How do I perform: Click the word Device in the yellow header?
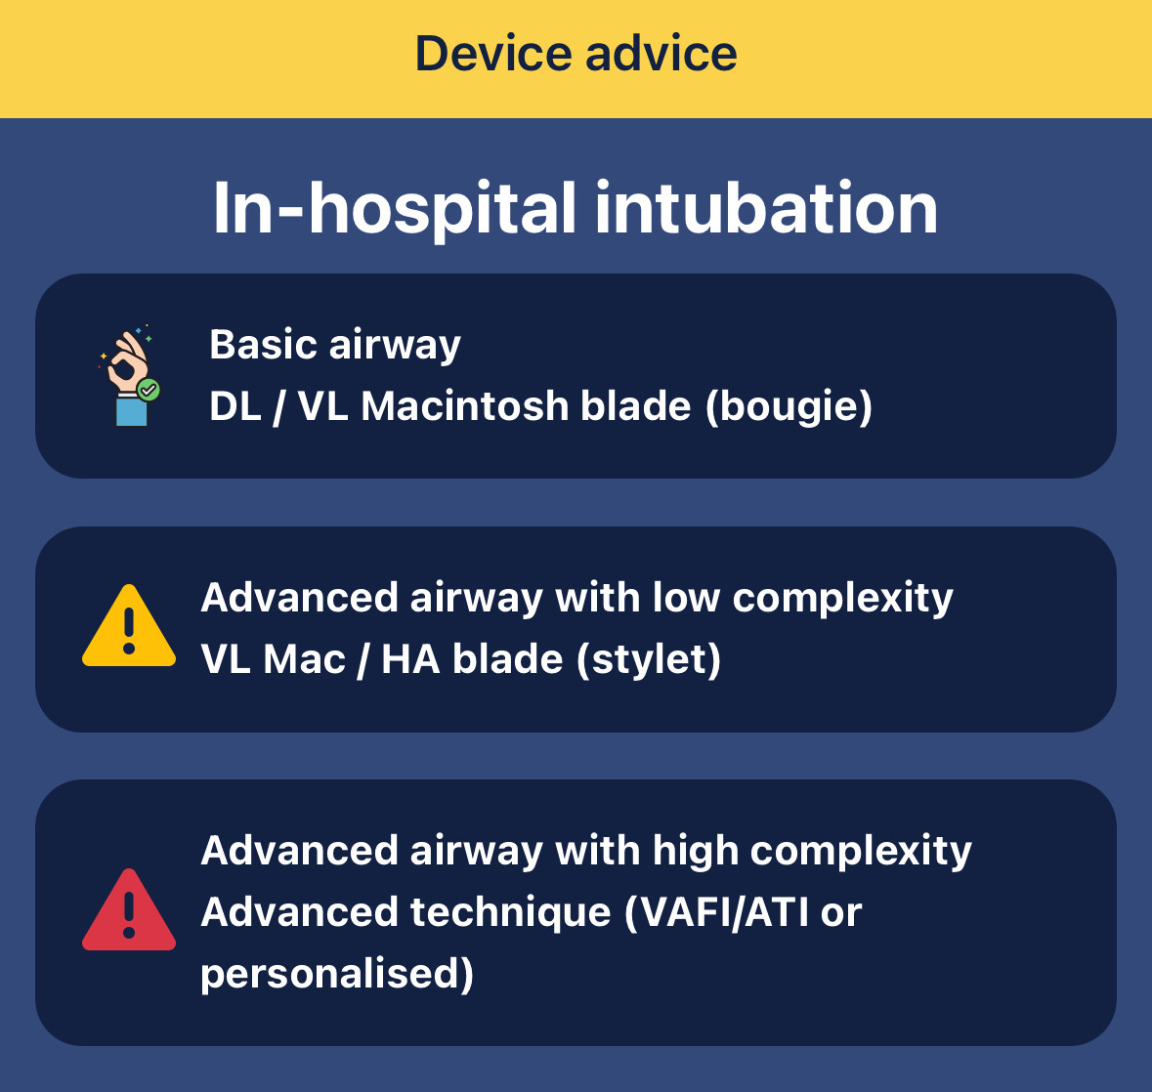[493, 54]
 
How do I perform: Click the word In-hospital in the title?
[395, 210]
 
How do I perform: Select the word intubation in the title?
[766, 209]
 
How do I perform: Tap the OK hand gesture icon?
[129, 375]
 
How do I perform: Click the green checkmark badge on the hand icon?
[149, 390]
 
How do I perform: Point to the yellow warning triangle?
[129, 626]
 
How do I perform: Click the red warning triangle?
[129, 910]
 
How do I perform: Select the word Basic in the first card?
[264, 344]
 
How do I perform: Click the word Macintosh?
[465, 405]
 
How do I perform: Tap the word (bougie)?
[789, 407]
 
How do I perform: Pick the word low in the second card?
[686, 597]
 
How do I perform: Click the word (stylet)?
[649, 659]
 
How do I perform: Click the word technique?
[511, 913]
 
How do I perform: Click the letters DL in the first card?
[235, 405]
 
